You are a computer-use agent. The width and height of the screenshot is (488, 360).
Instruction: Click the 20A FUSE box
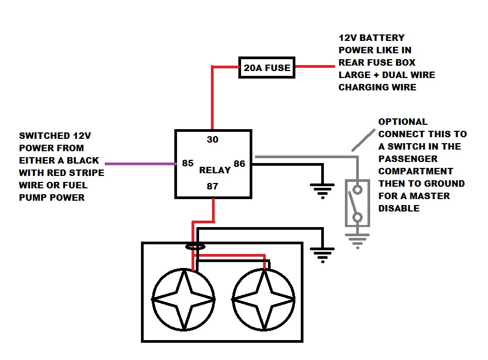[x=266, y=68]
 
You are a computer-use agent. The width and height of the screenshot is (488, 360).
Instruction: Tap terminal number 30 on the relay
[x=213, y=139]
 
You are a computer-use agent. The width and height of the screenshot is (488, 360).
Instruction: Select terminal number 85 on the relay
[x=188, y=163]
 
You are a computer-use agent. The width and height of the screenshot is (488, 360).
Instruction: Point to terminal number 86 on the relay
[x=239, y=163]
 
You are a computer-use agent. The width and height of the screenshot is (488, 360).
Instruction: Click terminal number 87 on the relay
[x=213, y=186]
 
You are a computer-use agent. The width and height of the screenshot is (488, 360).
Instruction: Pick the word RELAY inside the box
[x=215, y=170]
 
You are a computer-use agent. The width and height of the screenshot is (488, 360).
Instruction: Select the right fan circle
[x=264, y=299]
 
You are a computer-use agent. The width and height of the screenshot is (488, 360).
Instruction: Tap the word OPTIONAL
[x=403, y=122]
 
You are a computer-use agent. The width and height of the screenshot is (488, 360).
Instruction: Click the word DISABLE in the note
[x=399, y=208]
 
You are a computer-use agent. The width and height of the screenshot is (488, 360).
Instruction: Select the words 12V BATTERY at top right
[x=371, y=38]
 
